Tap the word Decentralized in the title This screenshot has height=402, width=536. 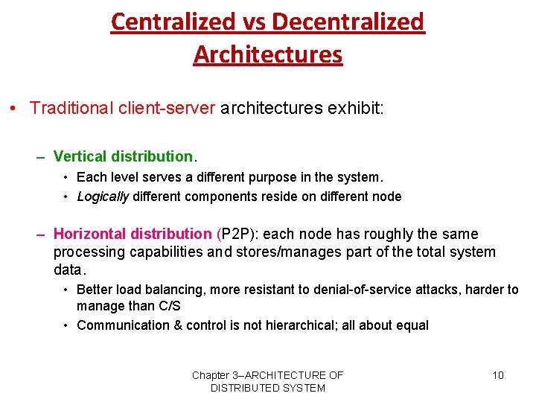pyautogui.click(x=348, y=22)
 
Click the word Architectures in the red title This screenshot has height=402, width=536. pyautogui.click(x=268, y=54)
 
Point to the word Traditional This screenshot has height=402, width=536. pyautogui.click(x=71, y=108)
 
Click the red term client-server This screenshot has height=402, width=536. pyautogui.click(x=165, y=108)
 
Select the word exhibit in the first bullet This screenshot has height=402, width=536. pyautogui.click(x=352, y=108)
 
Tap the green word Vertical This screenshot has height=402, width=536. pyautogui.click(x=80, y=156)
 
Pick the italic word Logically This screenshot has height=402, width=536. pyautogui.click(x=103, y=197)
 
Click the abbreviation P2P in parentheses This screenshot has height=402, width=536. pyautogui.click(x=237, y=234)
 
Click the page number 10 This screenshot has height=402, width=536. pyautogui.click(x=498, y=375)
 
